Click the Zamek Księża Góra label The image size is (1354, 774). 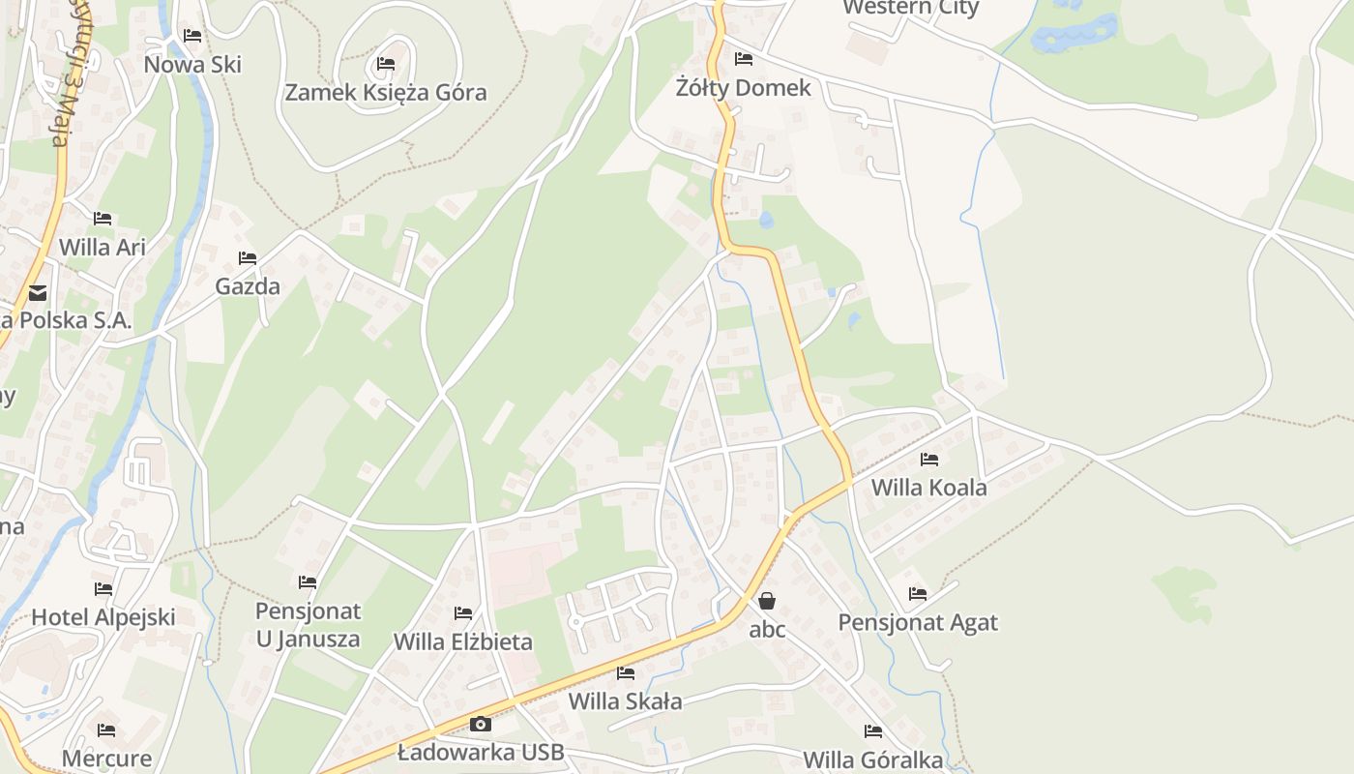tap(385, 93)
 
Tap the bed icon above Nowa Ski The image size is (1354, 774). tap(192, 37)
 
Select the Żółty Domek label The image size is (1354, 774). tap(743, 88)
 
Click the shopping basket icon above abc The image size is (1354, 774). tap(767, 601)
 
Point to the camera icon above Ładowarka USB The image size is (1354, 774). tap(480, 724)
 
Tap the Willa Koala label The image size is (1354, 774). tap(928, 488)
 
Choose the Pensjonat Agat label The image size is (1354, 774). tap(917, 622)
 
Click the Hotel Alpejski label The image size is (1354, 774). tap(103, 617)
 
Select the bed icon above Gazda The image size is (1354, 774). tap(248, 258)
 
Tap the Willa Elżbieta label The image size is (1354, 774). tap(462, 641)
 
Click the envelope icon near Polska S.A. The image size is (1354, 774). tap(38, 292)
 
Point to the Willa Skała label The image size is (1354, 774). tap(625, 701)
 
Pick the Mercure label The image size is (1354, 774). tap(106, 759)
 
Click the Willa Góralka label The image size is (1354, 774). tap(872, 760)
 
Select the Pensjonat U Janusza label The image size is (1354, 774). tap(308, 625)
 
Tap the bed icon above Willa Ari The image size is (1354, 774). tap(103, 219)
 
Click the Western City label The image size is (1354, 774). tap(910, 9)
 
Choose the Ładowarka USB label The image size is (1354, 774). tap(480, 753)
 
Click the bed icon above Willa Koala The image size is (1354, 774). tap(929, 460)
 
